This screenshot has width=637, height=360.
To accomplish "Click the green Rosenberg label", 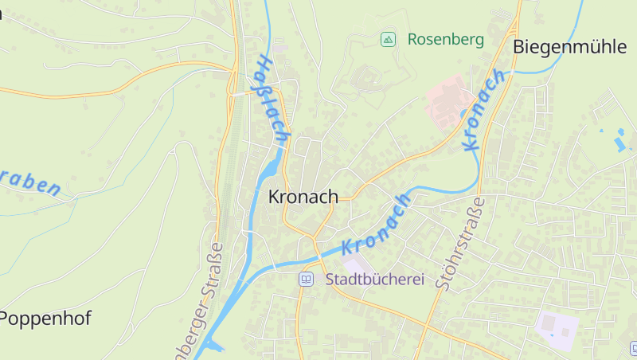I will pos(445,39).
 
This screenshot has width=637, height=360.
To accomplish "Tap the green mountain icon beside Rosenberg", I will pos(388,39).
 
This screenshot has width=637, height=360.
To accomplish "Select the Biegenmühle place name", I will pos(569,46).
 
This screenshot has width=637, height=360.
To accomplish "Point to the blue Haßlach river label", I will pos(271,100).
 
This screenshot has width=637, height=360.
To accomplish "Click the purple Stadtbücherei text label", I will pos(374,280).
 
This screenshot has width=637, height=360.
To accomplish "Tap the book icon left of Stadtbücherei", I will pos(306,280).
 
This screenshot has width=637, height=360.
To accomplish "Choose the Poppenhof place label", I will pos(45,319).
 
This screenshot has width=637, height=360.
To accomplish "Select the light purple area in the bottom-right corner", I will pos(557,326).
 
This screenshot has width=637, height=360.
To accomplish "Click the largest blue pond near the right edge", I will pos(619,144).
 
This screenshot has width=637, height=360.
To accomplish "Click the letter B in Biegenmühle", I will pos(519,46).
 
